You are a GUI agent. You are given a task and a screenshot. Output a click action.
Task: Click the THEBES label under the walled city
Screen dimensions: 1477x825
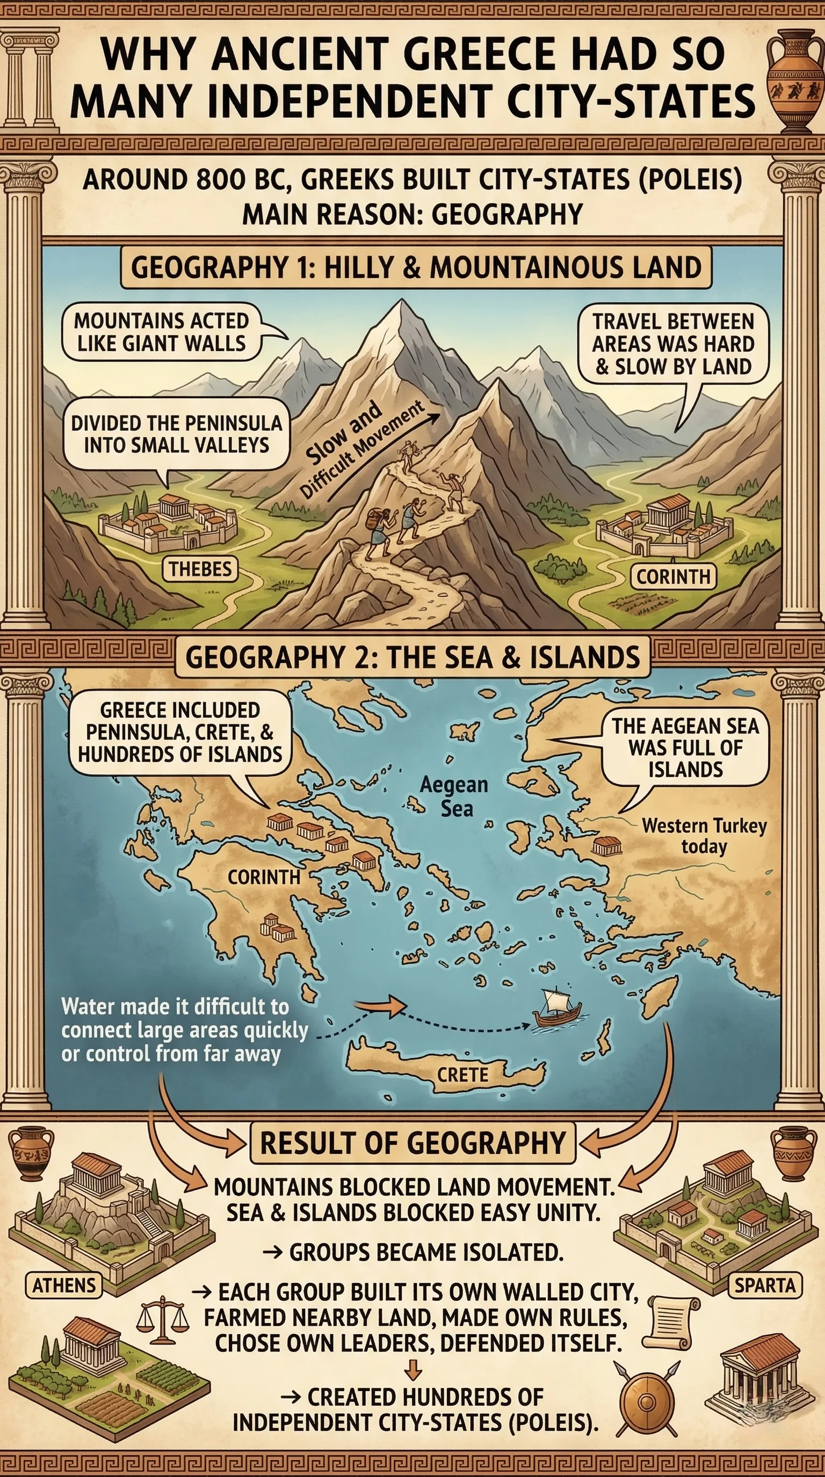pos(200,569)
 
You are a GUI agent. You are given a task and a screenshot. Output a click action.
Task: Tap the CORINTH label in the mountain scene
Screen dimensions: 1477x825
pos(673,576)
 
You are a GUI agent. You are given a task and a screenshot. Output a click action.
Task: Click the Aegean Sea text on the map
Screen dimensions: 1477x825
pos(453,796)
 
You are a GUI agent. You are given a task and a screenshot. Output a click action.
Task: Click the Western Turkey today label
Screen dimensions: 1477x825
pos(704,836)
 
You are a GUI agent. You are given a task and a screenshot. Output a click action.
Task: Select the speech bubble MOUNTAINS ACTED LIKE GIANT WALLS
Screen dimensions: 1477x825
pos(162,332)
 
